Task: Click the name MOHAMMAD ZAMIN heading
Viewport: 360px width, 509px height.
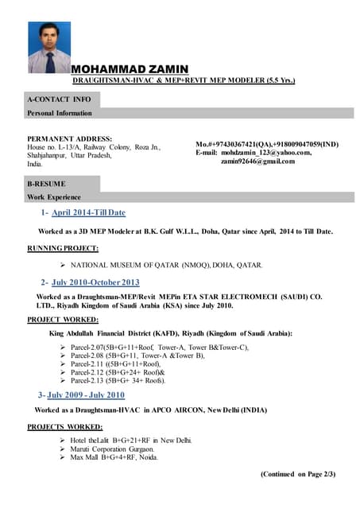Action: click(x=130, y=69)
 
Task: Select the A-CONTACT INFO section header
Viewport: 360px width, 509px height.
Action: click(x=60, y=99)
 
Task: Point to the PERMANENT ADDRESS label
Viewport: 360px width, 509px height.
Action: click(x=70, y=138)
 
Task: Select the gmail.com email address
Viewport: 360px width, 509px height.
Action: click(x=257, y=161)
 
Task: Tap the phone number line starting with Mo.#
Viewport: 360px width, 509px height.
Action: click(x=267, y=143)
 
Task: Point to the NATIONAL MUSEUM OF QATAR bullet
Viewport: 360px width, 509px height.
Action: click(x=166, y=264)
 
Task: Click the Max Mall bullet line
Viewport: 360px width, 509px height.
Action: click(x=114, y=457)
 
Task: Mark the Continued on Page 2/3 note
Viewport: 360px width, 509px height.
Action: click(x=298, y=474)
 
